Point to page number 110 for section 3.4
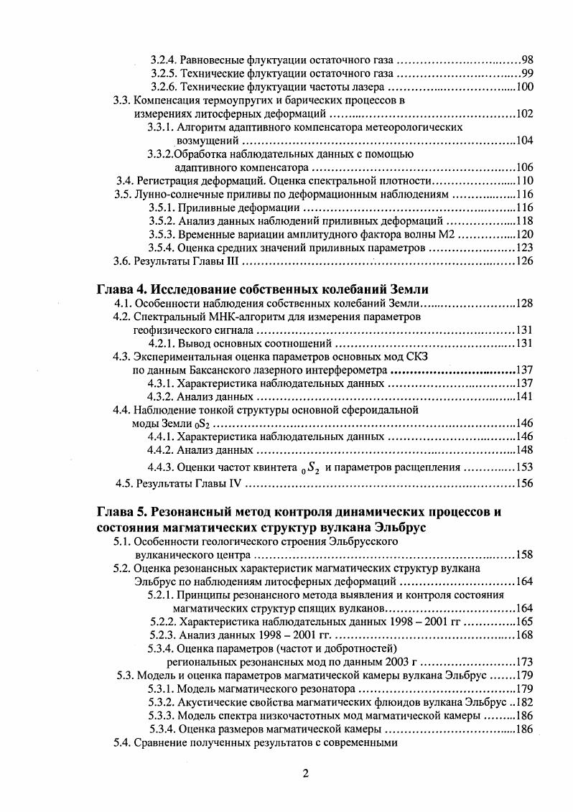coord(525,180)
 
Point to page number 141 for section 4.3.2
coord(525,397)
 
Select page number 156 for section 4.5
coord(525,483)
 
